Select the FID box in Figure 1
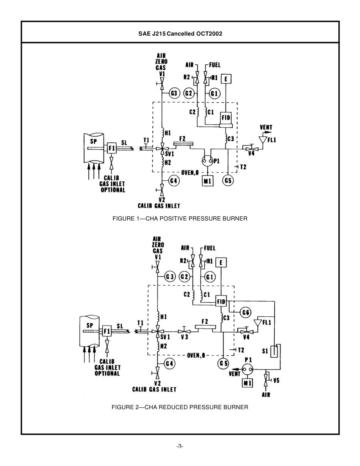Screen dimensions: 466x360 coord(226,118)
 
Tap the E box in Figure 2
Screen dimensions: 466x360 coord(221,262)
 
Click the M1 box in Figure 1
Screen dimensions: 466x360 coord(208,181)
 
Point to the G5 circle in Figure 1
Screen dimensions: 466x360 coord(228,181)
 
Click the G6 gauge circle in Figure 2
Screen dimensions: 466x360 coord(246,313)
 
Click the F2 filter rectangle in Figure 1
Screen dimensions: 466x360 coord(183,144)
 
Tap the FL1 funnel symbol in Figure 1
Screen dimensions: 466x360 coord(261,140)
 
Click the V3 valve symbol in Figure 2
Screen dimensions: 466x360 coord(184,331)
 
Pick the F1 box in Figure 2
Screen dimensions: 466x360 coord(107,331)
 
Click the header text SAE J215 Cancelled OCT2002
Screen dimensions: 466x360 coord(180,33)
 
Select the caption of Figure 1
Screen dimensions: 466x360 coord(180,219)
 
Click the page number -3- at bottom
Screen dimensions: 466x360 coord(180,446)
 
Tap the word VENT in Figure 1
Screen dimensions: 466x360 coord(266,128)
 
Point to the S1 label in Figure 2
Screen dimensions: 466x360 coord(265,351)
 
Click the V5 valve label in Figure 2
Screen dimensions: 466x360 coord(276,380)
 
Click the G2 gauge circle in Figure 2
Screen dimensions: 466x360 coord(185,277)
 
